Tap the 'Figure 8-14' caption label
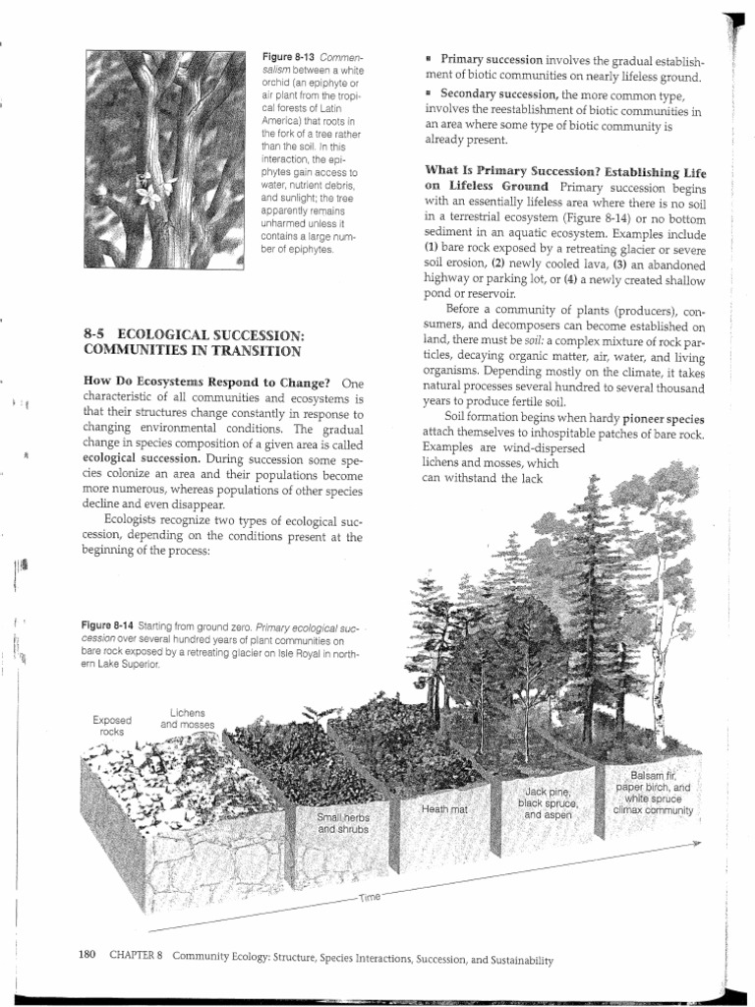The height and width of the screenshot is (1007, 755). click(111, 625)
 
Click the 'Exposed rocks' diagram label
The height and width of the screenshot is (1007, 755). click(109, 725)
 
